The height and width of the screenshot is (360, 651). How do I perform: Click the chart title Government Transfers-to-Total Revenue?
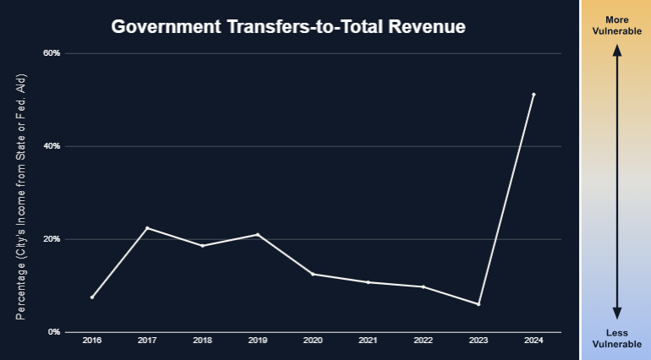289,27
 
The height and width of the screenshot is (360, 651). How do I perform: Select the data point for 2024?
533,95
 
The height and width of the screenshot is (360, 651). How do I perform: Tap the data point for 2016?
92,297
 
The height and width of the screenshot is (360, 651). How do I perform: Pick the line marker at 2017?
147,228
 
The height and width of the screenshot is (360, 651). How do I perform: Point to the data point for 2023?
479,304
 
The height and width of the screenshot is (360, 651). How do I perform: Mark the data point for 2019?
258,234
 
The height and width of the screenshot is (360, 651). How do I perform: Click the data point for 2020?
313,274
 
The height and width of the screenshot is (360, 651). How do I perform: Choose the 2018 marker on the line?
203,246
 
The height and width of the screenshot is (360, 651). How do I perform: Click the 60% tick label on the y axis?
52,53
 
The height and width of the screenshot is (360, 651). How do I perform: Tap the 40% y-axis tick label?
52,146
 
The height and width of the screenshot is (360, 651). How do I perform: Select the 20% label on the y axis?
52,239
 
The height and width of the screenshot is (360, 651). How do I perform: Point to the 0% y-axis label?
54,332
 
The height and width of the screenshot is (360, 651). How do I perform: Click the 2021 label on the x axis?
368,341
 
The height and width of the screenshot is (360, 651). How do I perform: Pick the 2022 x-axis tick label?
423,341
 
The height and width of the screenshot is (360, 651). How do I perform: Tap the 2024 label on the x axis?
533,341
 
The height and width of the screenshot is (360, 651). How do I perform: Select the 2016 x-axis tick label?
92,341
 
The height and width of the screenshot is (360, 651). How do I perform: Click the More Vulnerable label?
617,25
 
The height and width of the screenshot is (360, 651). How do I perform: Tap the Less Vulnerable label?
617,338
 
